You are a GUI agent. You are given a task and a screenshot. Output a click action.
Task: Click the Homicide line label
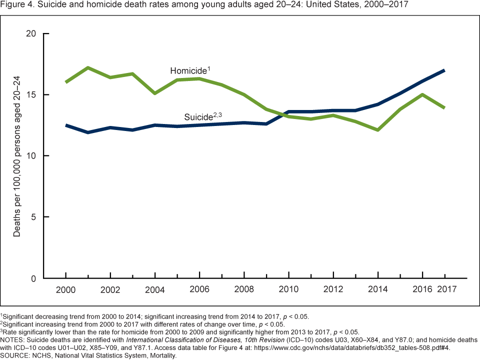pos(188,70)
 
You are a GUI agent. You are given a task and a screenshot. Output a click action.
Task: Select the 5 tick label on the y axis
pos(33,217)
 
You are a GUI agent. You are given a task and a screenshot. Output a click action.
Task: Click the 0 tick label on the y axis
pos(33,278)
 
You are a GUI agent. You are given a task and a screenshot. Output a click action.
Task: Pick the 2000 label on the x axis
pos(66,290)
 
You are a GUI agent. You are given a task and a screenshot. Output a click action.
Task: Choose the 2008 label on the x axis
pos(244,290)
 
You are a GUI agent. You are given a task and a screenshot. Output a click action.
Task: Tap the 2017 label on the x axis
pos(445,290)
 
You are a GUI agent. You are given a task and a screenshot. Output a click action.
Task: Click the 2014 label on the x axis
pos(377,290)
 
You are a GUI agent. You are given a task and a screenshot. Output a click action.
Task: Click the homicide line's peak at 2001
pos(88,67)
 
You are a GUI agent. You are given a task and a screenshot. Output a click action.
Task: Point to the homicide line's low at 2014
pos(377,130)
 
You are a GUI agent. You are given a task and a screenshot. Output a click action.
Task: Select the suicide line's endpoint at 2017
pos(444,70)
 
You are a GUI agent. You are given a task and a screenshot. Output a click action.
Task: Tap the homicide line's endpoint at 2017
pos(444,108)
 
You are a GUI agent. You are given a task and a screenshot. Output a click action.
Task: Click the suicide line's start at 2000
pos(66,125)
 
